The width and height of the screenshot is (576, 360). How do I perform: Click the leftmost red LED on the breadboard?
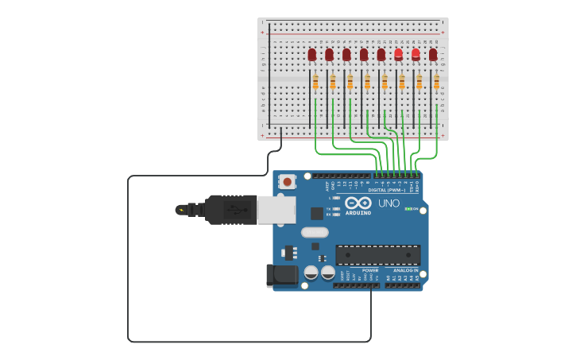tap(312, 54)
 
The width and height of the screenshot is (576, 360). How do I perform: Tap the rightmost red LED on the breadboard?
tap(433, 54)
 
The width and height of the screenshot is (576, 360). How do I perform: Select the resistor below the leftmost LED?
tap(315, 82)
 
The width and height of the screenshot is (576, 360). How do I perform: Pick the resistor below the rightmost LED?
tap(436, 82)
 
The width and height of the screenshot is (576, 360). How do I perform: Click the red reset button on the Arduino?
tap(287, 182)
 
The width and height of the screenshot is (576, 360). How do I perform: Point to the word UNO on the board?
tap(389, 203)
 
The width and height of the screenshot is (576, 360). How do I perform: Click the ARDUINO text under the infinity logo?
tap(358, 212)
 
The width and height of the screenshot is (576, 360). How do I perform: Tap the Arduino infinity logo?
tap(358, 203)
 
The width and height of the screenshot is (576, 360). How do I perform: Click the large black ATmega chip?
tap(377, 254)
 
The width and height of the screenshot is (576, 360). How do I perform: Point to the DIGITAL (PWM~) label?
tap(387, 190)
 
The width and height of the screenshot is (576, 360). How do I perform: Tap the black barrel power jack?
tap(281, 275)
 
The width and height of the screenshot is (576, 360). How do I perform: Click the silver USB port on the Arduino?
tap(276, 210)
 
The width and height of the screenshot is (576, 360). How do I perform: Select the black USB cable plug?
tap(231, 210)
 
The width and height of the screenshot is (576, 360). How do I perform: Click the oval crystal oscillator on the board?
tap(315, 233)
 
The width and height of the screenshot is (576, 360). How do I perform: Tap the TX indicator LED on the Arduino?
tap(337, 208)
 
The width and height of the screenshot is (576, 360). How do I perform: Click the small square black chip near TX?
tap(317, 213)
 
